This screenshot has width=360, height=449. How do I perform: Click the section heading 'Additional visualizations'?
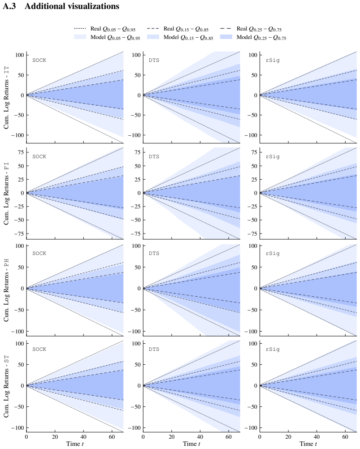(x=72, y=6)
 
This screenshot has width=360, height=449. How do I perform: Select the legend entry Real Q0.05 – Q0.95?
(x=104, y=29)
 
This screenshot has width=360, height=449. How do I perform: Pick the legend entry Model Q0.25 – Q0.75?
(x=253, y=38)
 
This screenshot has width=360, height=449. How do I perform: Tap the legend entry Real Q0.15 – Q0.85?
(x=178, y=29)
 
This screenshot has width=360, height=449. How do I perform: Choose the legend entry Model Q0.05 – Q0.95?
(x=107, y=38)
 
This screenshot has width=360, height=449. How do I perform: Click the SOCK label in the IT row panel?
(x=39, y=60)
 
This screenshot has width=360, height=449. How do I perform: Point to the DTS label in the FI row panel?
(x=154, y=157)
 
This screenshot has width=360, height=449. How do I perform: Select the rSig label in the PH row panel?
(x=273, y=254)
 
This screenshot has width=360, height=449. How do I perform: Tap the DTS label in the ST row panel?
(x=154, y=350)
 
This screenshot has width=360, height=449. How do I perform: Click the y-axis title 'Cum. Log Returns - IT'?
(x=6, y=98)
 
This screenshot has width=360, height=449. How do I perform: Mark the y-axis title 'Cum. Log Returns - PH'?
(x=6, y=290)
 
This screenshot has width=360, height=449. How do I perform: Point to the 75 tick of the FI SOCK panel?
(x=21, y=152)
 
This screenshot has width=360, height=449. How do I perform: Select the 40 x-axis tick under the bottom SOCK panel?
(x=83, y=437)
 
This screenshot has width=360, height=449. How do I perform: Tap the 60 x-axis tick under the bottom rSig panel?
(x=345, y=437)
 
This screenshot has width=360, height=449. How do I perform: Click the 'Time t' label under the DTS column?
(x=191, y=444)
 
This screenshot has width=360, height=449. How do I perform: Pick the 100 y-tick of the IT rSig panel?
(x=253, y=55)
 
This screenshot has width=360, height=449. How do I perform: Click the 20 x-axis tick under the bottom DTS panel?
(x=172, y=437)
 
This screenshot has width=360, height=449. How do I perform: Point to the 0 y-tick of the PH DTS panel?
(x=139, y=289)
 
